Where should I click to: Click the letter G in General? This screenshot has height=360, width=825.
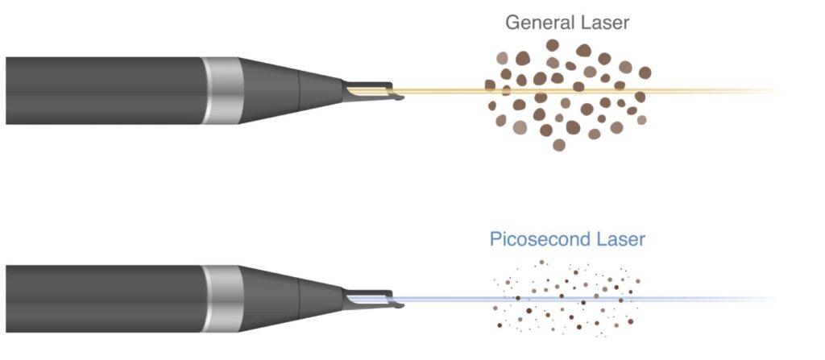click(x=513, y=22)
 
